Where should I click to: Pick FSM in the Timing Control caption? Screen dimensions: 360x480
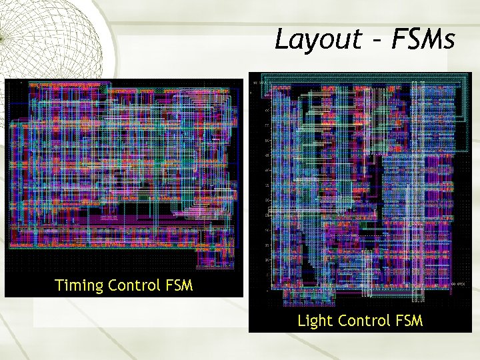(x=178, y=286)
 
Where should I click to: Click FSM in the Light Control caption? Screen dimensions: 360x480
(x=408, y=321)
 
